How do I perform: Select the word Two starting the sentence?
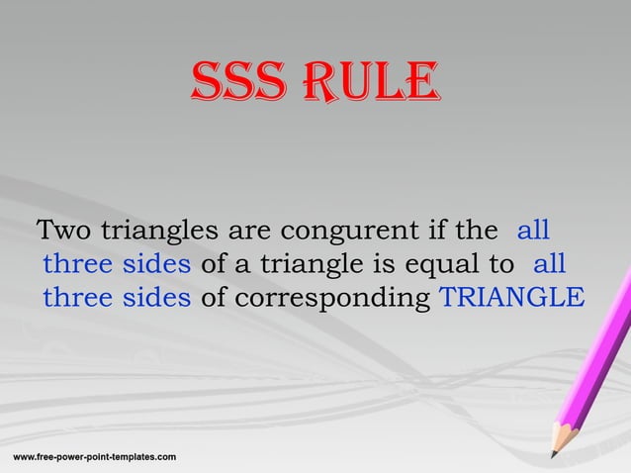(62, 232)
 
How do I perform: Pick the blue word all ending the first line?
(533, 232)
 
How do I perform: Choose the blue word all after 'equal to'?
(549, 264)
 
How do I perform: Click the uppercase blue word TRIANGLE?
(510, 297)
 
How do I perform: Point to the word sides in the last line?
(162, 297)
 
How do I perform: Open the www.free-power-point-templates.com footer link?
(94, 456)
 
